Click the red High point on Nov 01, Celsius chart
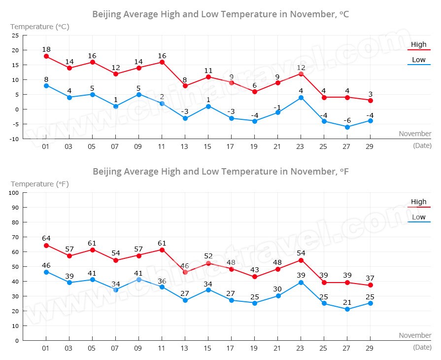pos(46,56)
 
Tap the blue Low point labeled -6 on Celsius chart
pos(347,127)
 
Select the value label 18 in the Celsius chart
pos(46,49)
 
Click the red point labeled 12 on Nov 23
pos(301,74)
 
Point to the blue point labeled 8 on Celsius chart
pos(46,86)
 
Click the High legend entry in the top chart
pos(419,45)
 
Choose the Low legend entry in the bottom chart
pos(419,217)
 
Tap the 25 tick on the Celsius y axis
pos(15,36)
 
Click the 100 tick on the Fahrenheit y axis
pos(14,193)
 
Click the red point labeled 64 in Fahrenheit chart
pos(46,246)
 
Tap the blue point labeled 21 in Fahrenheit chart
pos(347,310)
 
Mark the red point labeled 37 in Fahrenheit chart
pos(370,286)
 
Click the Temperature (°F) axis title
pos(40,184)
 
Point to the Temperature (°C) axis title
pos(40,27)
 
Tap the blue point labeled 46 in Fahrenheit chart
pos(46,272)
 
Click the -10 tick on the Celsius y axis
pos(14,139)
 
